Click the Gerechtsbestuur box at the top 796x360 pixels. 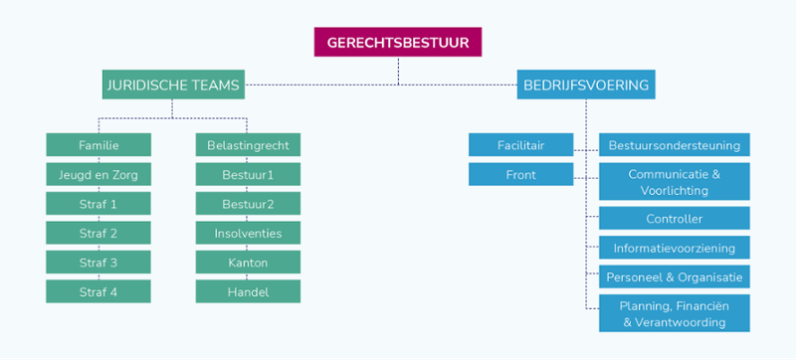[x=397, y=43]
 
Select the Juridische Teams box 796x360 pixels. [x=173, y=86]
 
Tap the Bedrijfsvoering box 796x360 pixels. [x=586, y=86]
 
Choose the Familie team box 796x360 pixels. [x=99, y=145]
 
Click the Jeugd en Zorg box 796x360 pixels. [x=99, y=175]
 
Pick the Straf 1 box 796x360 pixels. [x=99, y=204]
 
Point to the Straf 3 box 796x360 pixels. [x=99, y=263]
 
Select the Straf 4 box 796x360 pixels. [x=99, y=291]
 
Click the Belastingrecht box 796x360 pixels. [x=248, y=145]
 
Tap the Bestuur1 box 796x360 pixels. [x=248, y=175]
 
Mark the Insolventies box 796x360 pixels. [x=248, y=234]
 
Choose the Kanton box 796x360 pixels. [x=248, y=263]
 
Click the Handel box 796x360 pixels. [x=248, y=291]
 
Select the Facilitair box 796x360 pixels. [x=520, y=145]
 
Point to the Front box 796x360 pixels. [x=520, y=175]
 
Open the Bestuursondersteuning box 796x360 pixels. [x=674, y=145]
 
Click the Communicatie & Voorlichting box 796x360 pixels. [x=674, y=182]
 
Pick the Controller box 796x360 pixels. [x=674, y=219]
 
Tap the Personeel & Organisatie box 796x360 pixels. [x=674, y=276]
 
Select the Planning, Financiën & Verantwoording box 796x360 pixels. [x=674, y=313]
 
